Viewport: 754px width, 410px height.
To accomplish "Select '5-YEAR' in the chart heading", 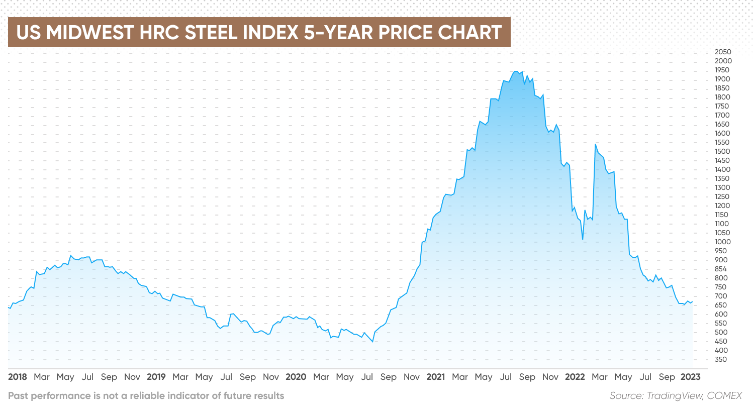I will click(x=338, y=33).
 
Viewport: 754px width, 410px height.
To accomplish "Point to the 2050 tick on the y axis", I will click(x=723, y=52).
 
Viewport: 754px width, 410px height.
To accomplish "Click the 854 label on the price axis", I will click(x=721, y=269).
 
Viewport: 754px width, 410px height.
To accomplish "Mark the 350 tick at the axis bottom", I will click(x=721, y=359).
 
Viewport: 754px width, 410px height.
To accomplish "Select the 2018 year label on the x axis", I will click(x=18, y=377).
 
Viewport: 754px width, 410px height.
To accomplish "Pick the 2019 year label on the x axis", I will click(x=156, y=377).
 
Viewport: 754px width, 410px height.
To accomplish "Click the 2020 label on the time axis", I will click(x=296, y=377).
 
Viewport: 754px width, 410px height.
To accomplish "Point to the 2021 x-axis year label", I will click(x=435, y=377).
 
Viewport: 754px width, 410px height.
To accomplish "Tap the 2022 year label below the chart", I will click(x=575, y=377).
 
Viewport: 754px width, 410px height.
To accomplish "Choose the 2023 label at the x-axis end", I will click(x=690, y=377).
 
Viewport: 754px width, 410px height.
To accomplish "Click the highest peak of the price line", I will click(x=515, y=71).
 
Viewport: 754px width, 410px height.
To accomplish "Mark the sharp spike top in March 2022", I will click(x=595, y=144).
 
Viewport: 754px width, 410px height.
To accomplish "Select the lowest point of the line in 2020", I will click(x=372, y=342).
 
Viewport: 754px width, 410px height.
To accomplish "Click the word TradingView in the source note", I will click(x=674, y=395).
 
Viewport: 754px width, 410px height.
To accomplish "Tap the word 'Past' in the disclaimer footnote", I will click(x=18, y=395).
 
